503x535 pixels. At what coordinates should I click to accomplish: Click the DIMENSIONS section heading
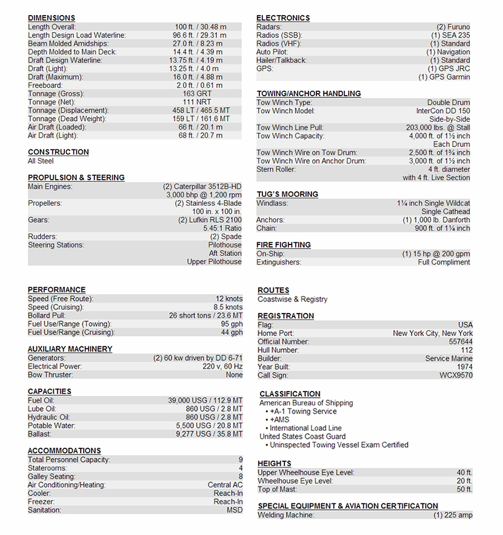click(52, 18)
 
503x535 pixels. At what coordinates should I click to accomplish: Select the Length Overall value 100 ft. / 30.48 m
click(200, 27)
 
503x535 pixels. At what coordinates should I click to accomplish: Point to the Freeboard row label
click(45, 85)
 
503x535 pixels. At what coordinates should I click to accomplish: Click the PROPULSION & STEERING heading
click(76, 177)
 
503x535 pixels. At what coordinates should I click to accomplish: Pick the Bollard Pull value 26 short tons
click(205, 316)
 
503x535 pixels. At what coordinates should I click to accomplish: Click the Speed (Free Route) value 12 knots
click(228, 299)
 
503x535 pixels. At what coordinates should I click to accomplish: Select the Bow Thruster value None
click(233, 375)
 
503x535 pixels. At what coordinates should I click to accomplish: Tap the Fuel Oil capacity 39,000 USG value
click(205, 401)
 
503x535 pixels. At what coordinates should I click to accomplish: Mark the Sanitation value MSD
click(234, 510)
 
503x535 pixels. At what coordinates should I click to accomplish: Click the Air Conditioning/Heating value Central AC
click(225, 485)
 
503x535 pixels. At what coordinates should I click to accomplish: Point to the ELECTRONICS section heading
click(283, 18)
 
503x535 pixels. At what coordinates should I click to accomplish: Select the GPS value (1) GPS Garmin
click(444, 77)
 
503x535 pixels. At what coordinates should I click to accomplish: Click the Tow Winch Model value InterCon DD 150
click(442, 111)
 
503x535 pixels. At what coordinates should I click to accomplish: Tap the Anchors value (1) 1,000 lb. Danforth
click(436, 220)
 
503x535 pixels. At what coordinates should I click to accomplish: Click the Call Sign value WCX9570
click(456, 375)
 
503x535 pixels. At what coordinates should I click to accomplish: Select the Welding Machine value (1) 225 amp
click(453, 515)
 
